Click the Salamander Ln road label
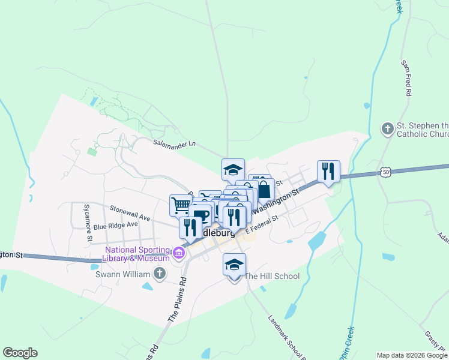point(174,144)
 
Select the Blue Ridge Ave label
point(115,226)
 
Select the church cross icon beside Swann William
point(159,274)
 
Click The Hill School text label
point(272,277)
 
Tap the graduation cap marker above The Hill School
point(234,263)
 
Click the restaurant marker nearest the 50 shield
point(328,171)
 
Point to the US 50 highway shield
point(385,172)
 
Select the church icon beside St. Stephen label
point(387,129)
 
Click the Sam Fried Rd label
point(406,78)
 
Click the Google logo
point(20,353)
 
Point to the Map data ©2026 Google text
point(412,355)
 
